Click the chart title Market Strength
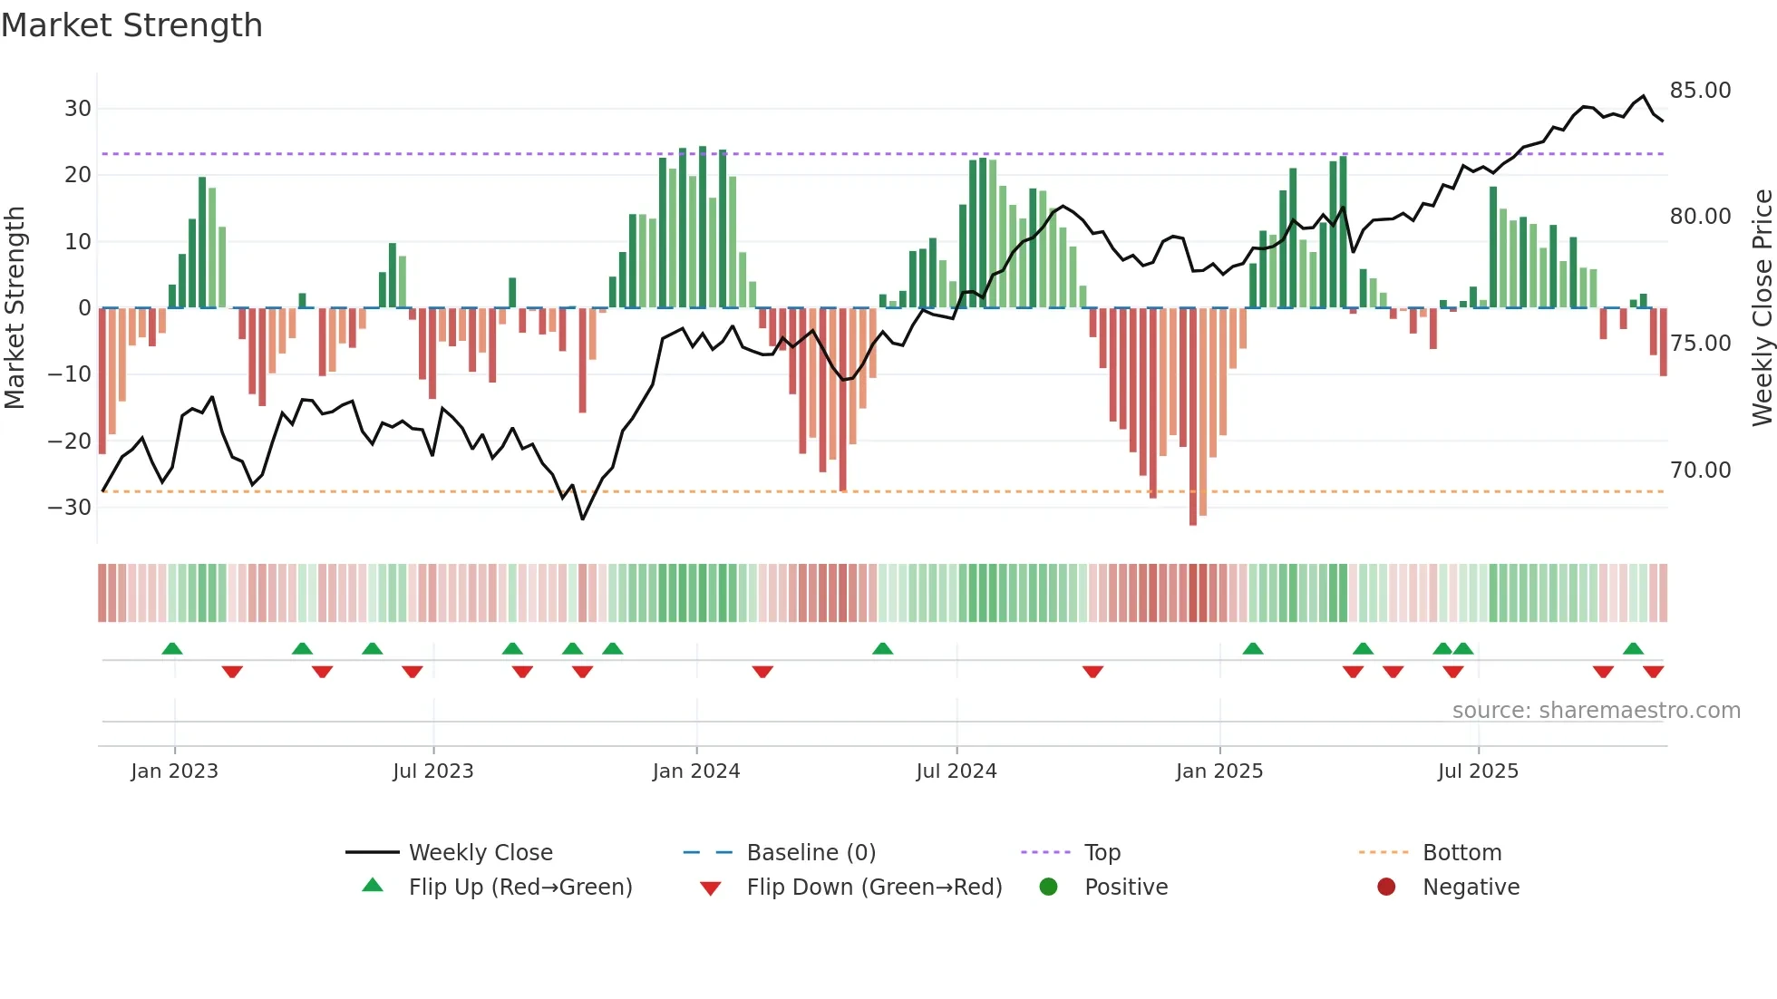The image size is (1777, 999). [131, 25]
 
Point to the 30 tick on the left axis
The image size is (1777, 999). [78, 109]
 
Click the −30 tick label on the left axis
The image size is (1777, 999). [70, 508]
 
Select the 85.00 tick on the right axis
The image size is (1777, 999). [1700, 91]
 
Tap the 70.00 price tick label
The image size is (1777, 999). [1700, 470]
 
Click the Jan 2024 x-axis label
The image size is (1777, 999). [695, 771]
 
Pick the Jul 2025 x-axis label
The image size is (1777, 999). [1477, 771]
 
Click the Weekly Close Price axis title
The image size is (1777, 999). [1762, 308]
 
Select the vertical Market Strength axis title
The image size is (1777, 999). [15, 308]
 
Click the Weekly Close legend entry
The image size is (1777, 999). [480, 853]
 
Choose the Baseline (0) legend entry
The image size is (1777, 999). [811, 853]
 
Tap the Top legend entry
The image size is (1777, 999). [1102, 853]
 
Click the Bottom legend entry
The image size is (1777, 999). [1461, 853]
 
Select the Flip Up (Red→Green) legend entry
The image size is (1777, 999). [520, 887]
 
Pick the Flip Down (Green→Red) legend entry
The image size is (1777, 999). [873, 887]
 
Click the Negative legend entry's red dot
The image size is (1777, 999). [1385, 887]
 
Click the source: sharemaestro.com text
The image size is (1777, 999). [1596, 711]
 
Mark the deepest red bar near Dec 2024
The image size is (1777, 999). [1193, 417]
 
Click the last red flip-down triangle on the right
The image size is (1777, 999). [1653, 672]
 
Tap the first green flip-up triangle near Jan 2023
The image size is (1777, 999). [172, 648]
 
